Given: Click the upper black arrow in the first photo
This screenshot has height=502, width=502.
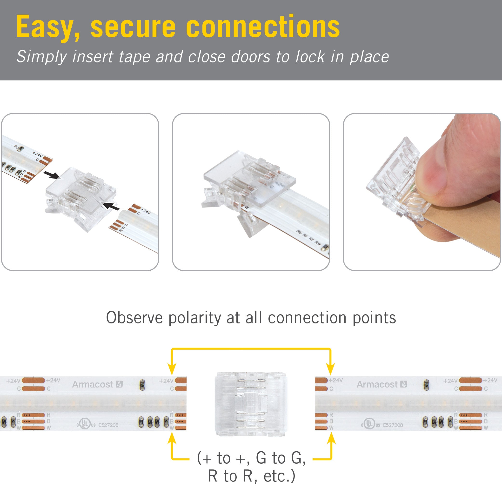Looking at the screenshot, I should click(51, 175).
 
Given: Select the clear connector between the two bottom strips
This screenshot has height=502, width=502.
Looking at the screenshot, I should click(251, 404).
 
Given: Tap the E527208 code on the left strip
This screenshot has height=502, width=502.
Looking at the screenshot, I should click(108, 425).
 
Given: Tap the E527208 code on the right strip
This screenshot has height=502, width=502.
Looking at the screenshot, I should click(393, 425).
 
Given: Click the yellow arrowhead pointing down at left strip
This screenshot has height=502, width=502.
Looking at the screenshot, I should click(172, 369).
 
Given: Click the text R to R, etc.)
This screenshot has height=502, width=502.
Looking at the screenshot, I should click(251, 476).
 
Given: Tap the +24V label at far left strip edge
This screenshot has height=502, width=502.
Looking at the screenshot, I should click(13, 381).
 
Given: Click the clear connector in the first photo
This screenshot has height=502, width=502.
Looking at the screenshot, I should click(80, 199).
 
